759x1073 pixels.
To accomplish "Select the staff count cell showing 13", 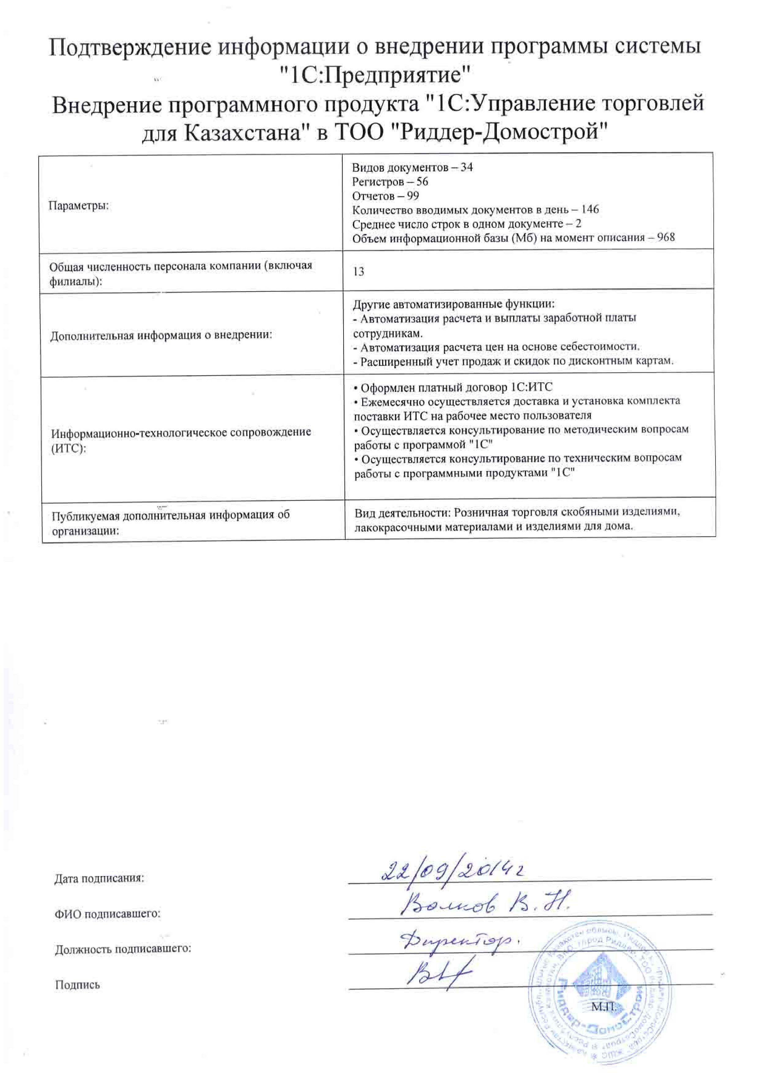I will pos(359,272).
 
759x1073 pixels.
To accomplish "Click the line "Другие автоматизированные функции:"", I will pos(453,304).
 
